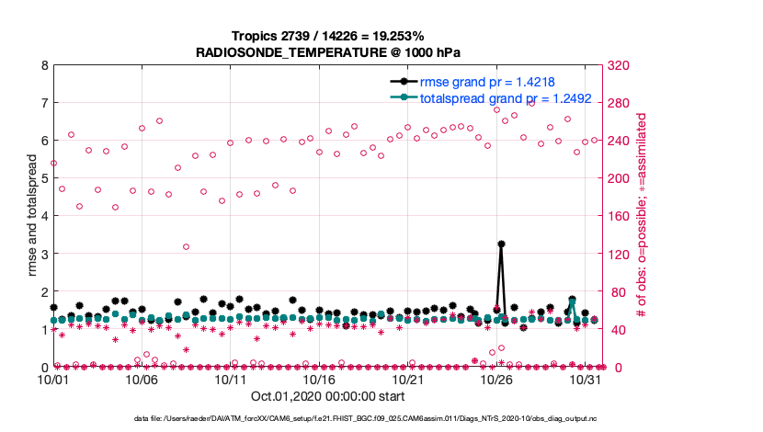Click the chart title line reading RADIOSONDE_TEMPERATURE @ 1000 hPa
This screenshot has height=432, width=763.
pyautogui.click(x=328, y=53)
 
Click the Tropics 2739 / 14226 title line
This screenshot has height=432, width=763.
pyautogui.click(x=328, y=36)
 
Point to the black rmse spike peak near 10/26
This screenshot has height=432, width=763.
pyautogui.click(x=501, y=244)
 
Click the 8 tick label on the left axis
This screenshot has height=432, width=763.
pyautogui.click(x=43, y=66)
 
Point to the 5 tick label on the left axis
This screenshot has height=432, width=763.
pyautogui.click(x=43, y=179)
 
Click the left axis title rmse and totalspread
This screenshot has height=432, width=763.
pyautogui.click(x=31, y=217)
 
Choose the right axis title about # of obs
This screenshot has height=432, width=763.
pyautogui.click(x=643, y=217)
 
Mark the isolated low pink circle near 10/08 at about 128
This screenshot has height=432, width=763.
pyautogui.click(x=186, y=246)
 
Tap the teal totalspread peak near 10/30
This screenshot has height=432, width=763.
pyautogui.click(x=572, y=301)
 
